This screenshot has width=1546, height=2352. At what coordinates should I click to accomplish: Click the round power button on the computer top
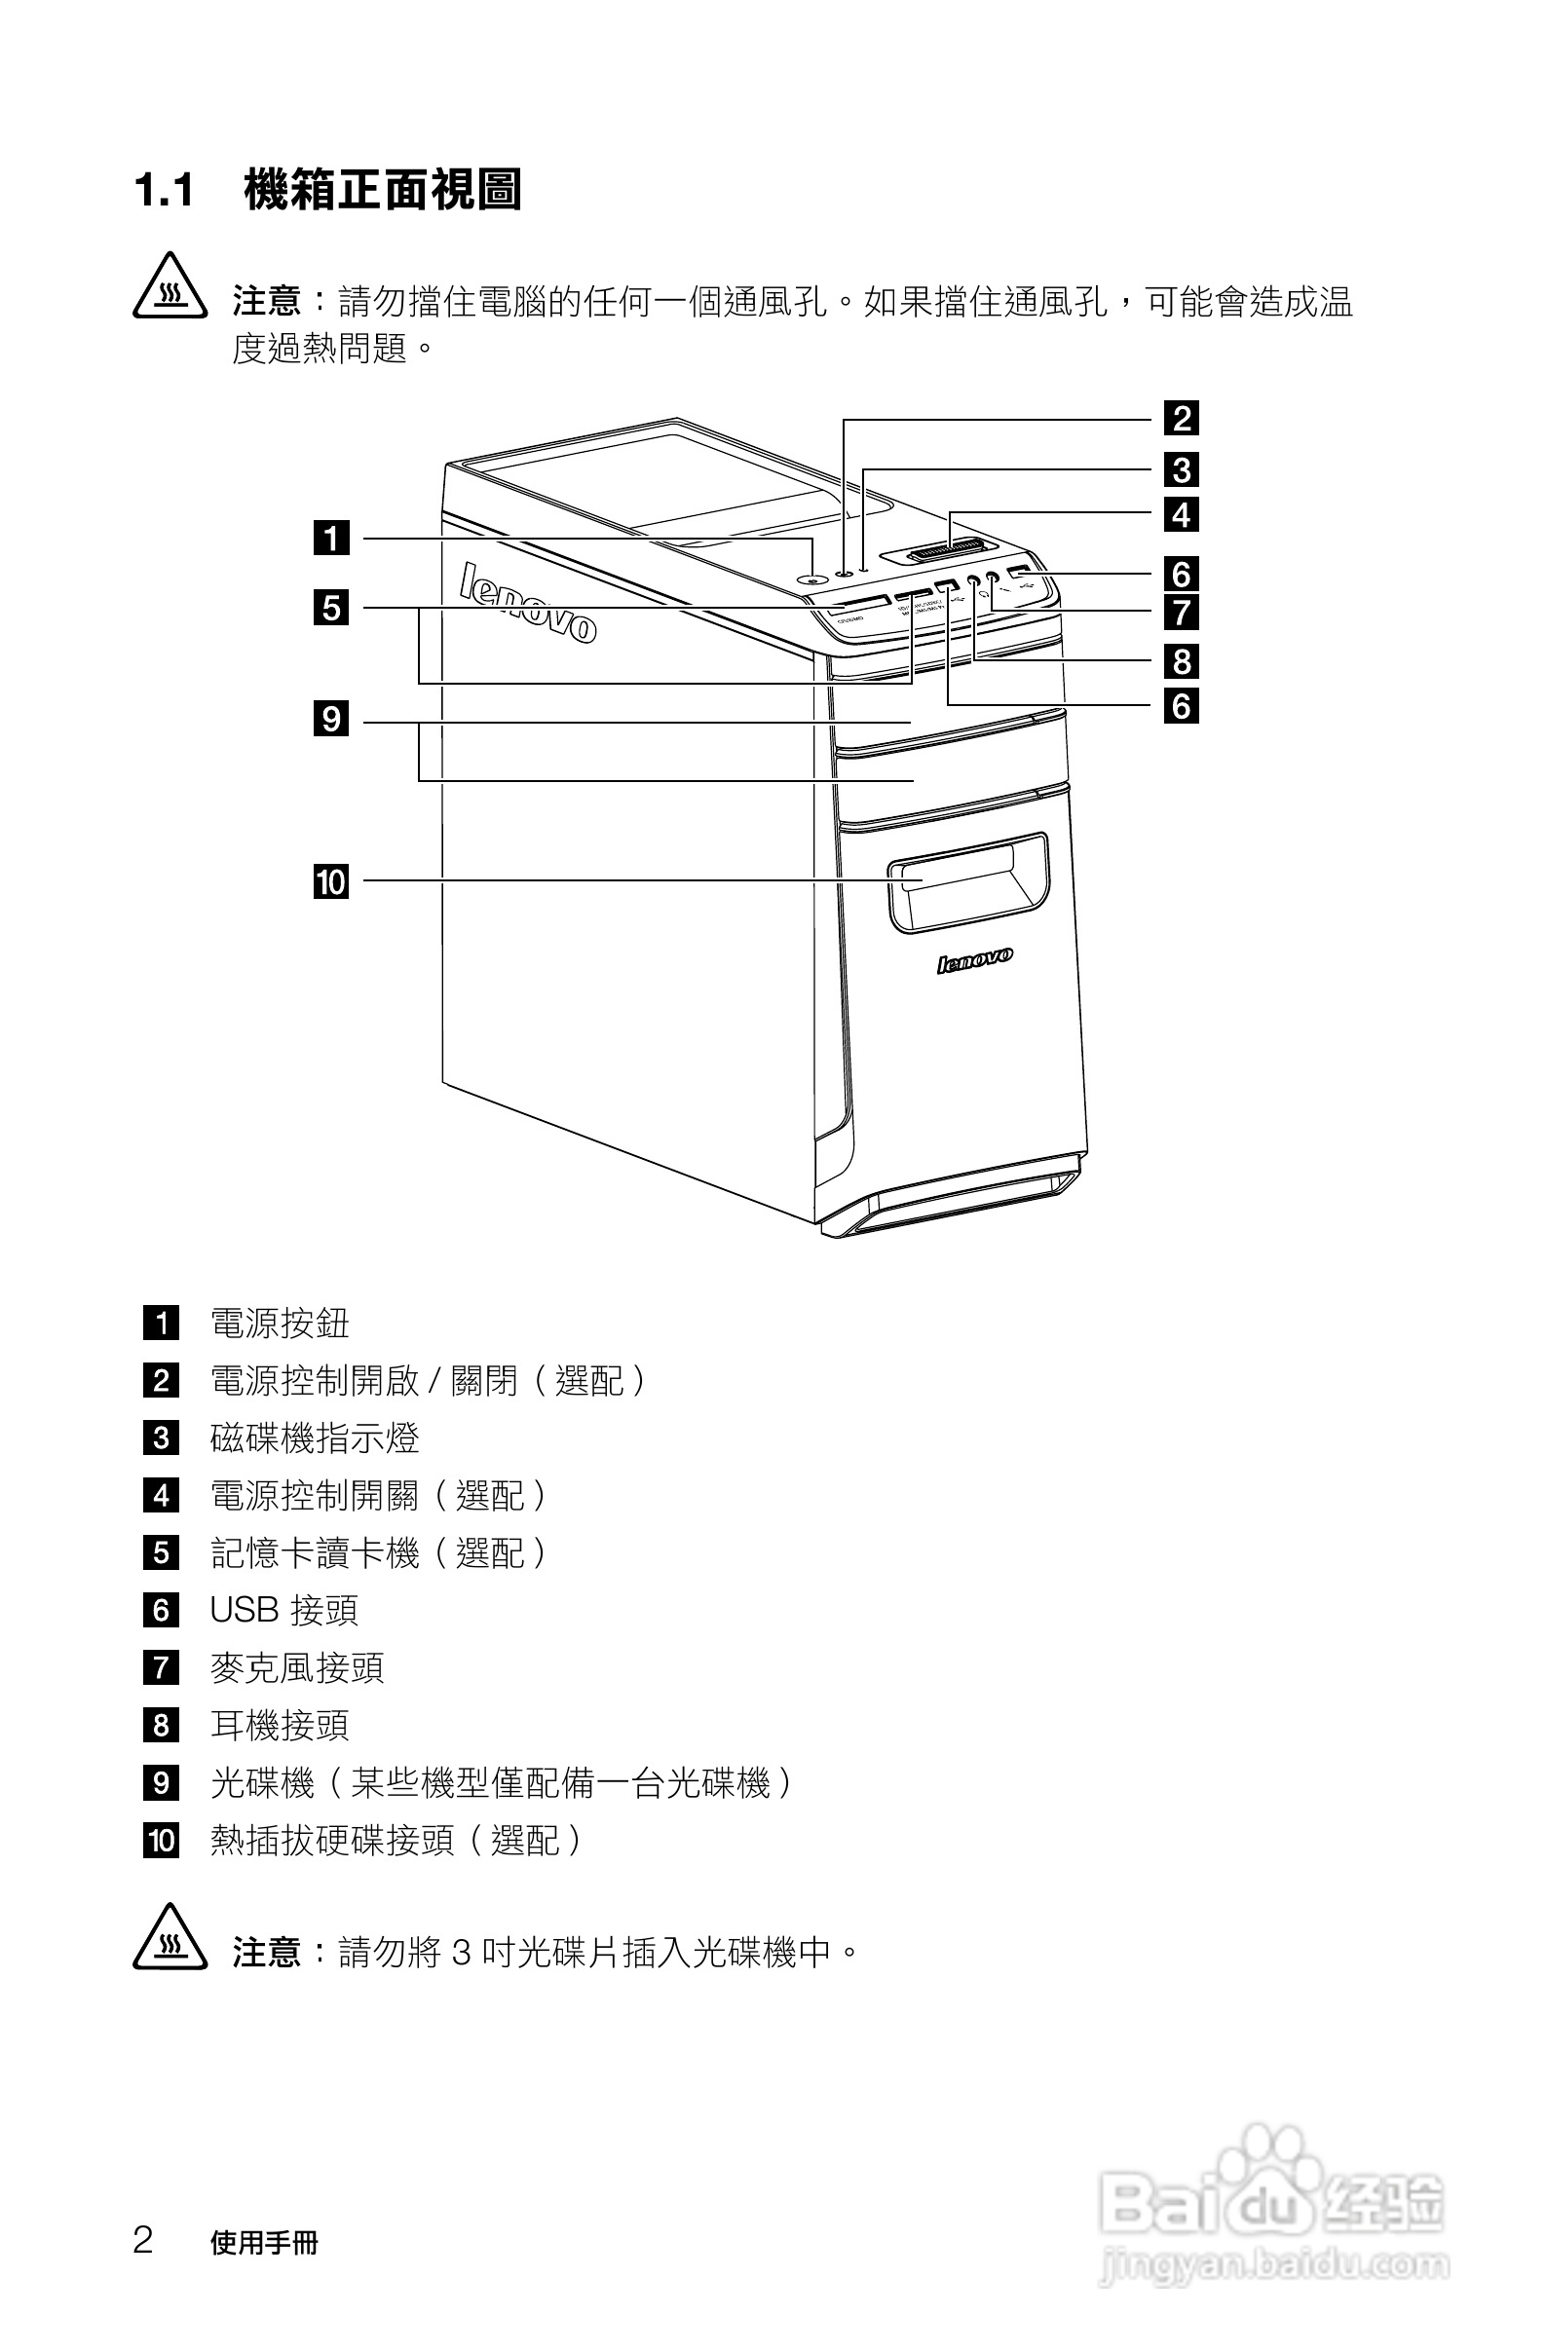click(812, 580)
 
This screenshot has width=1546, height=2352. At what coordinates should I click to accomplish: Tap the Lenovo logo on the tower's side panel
click(528, 604)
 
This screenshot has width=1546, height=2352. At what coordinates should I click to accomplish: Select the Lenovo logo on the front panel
click(974, 959)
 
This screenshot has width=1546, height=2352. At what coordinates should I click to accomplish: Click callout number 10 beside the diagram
click(331, 880)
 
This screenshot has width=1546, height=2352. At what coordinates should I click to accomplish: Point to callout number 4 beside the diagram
click(1182, 515)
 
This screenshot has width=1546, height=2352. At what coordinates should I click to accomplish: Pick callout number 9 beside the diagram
click(331, 719)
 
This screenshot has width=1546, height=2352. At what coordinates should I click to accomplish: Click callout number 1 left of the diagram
click(331, 539)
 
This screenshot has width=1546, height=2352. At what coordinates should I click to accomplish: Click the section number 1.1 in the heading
click(164, 191)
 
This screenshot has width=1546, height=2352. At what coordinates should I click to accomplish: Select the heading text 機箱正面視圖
click(383, 191)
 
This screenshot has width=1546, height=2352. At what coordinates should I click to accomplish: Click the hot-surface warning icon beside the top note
click(170, 288)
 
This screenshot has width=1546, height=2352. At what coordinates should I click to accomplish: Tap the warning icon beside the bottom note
click(170, 1939)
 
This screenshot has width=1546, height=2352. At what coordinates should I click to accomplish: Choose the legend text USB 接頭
click(283, 1611)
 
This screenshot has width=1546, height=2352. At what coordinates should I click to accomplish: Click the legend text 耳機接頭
click(280, 1726)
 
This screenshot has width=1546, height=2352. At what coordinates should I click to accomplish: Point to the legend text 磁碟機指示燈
click(315, 1437)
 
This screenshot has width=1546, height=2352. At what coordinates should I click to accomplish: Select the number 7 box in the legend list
click(161, 1668)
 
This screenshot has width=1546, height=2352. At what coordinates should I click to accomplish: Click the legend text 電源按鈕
click(280, 1324)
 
